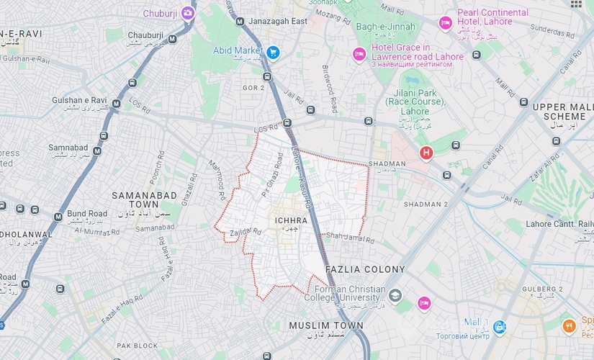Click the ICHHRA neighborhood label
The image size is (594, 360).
[x=291, y=220]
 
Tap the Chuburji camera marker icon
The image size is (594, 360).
[x=188, y=13]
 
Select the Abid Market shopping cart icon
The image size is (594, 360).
[x=272, y=52]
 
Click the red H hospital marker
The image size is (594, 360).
[x=426, y=153]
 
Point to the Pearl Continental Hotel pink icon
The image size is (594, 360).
[x=446, y=23]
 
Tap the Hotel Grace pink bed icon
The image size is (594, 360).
[x=359, y=55]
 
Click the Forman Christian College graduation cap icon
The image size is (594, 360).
[x=395, y=297]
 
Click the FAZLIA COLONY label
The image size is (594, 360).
[x=365, y=269]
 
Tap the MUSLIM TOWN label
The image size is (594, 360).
[x=326, y=326]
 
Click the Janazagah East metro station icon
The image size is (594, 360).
[x=239, y=22]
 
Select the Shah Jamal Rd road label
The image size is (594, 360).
[x=350, y=238]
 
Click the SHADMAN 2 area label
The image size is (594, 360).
[x=426, y=204]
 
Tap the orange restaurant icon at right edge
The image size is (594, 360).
[x=569, y=325]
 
